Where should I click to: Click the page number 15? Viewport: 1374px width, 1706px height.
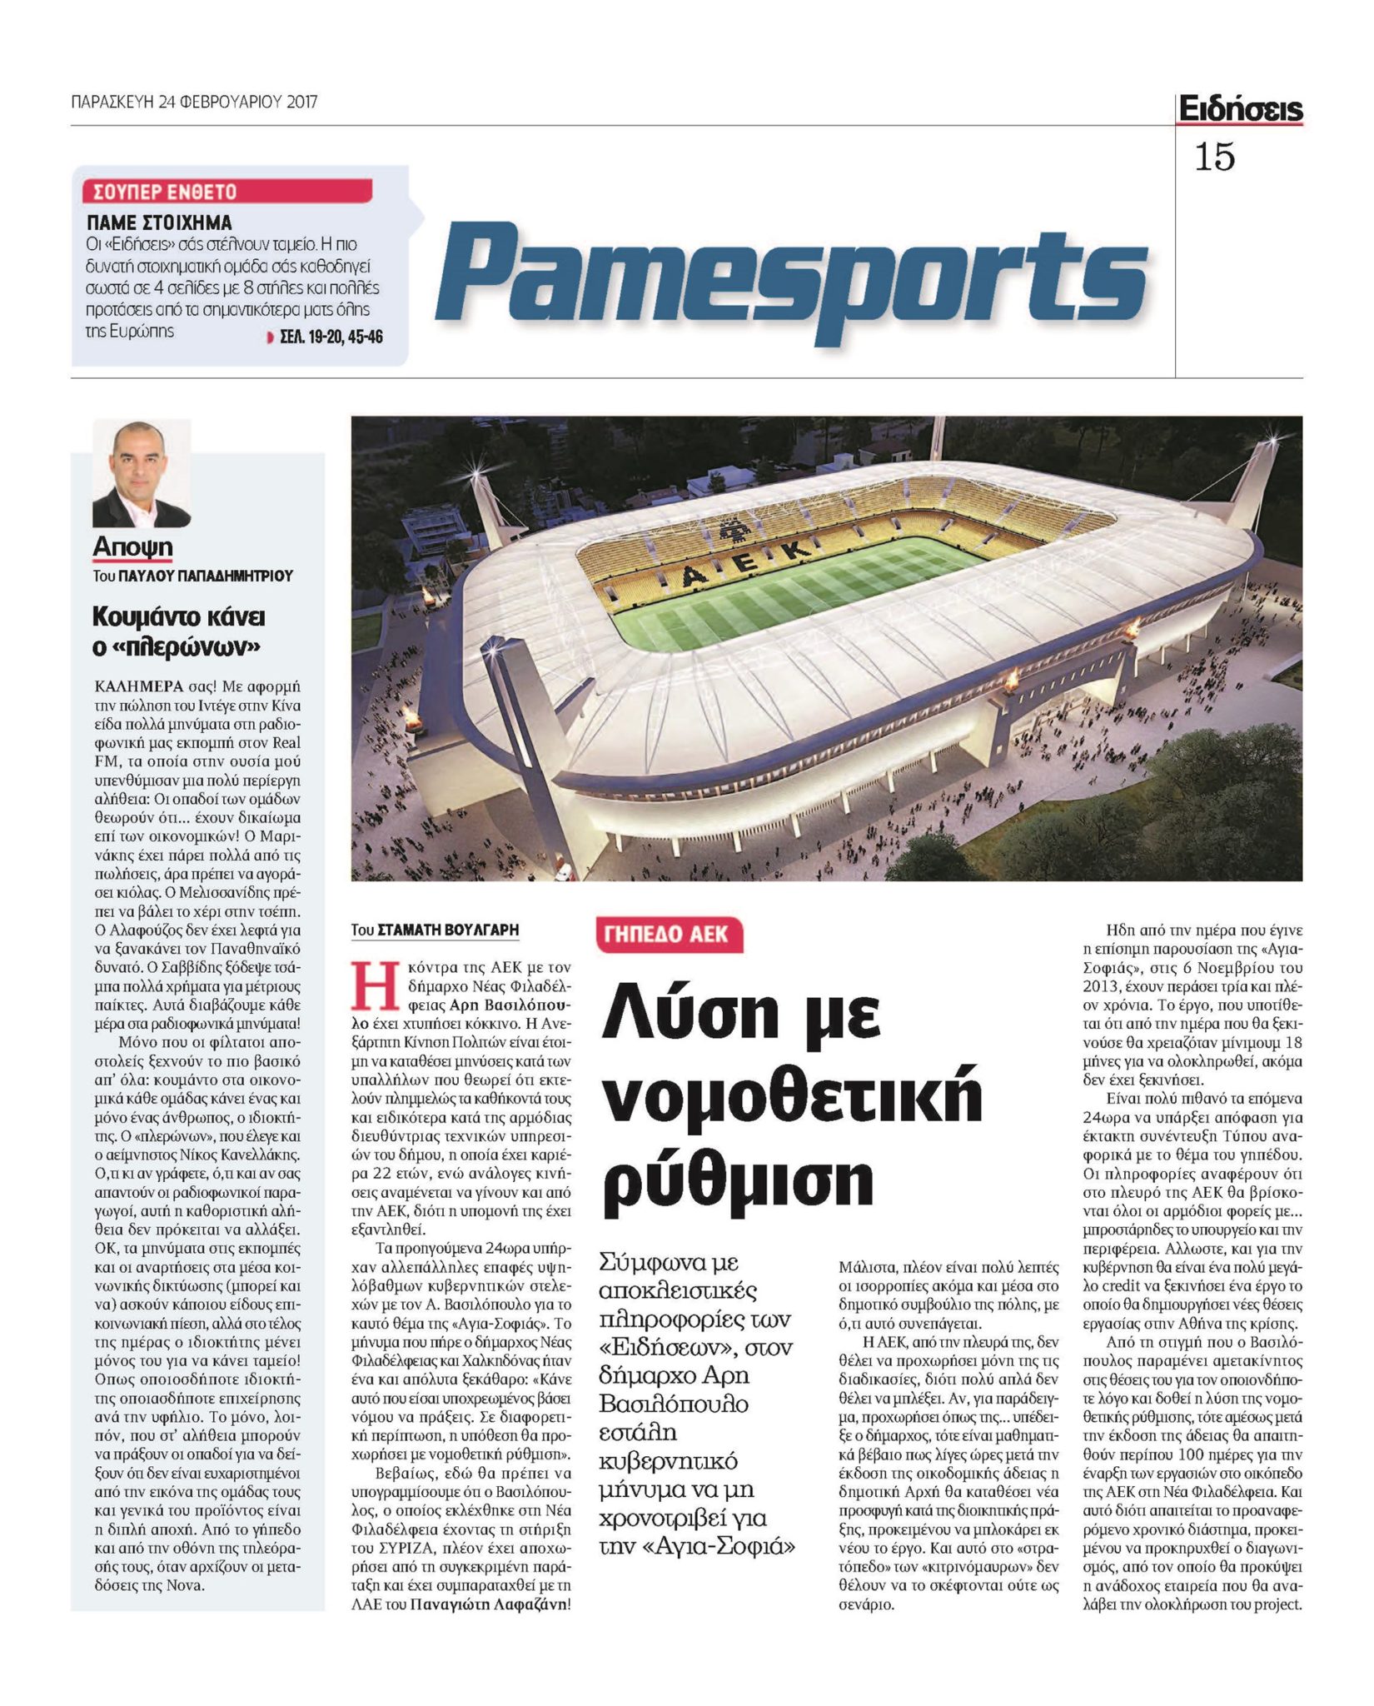pos(1214,157)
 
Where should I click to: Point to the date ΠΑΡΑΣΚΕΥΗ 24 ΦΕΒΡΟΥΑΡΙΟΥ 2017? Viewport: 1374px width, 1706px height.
pos(194,102)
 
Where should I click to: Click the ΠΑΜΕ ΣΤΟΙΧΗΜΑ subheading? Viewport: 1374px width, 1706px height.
pos(160,222)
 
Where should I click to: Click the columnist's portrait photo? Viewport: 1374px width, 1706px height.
pos(142,473)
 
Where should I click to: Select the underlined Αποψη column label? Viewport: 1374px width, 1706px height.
pos(133,547)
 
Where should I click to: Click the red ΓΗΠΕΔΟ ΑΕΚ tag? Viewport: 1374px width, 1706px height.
pos(669,935)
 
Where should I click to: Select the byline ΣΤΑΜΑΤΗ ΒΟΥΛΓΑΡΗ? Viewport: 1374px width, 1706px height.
pos(447,930)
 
